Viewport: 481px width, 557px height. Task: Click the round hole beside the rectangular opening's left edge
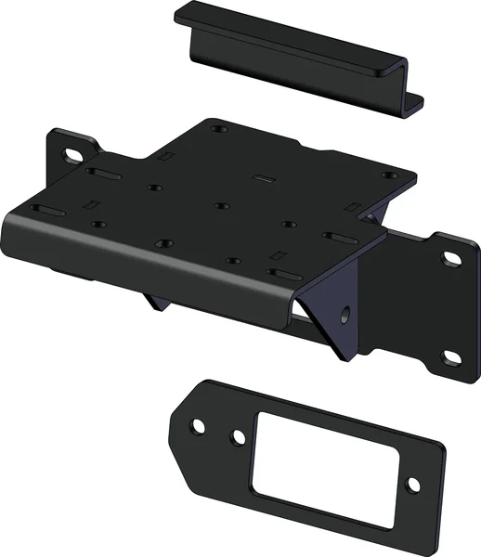pyautogui.click(x=239, y=435)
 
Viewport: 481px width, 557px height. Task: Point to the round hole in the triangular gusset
pyautogui.click(x=344, y=312)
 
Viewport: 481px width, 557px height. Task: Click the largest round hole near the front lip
pyautogui.click(x=163, y=245)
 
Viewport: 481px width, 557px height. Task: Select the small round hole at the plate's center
pyautogui.click(x=220, y=205)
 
